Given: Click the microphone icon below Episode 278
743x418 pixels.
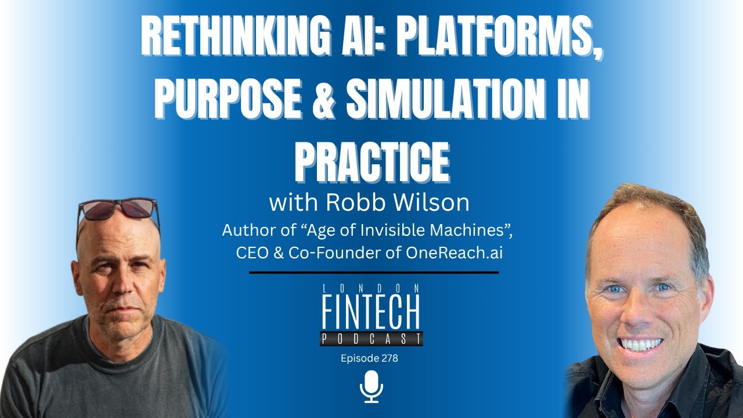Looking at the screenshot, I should [x=371, y=387].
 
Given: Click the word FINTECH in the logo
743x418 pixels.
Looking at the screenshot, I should [x=371, y=313].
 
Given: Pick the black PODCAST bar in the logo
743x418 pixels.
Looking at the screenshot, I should [x=371, y=338].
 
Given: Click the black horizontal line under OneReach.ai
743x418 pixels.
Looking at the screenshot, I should [x=374, y=272].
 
